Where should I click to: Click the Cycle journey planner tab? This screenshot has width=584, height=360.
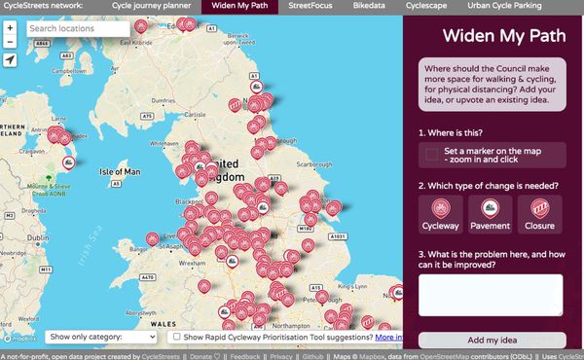point(151,7)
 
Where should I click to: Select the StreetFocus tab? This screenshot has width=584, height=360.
point(317,7)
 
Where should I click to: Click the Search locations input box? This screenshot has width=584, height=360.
point(78,29)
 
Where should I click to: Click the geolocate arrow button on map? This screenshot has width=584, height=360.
point(10,60)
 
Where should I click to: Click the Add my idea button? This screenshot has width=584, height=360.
point(491,340)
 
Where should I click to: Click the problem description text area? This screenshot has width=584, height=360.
point(491,295)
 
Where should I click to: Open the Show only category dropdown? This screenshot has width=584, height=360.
point(102,337)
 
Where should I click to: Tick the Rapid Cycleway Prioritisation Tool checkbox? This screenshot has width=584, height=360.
point(174,337)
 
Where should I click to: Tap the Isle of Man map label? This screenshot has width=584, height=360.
point(121,172)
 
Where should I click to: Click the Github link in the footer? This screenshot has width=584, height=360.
point(311,355)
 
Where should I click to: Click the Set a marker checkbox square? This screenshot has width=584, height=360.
point(431,155)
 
